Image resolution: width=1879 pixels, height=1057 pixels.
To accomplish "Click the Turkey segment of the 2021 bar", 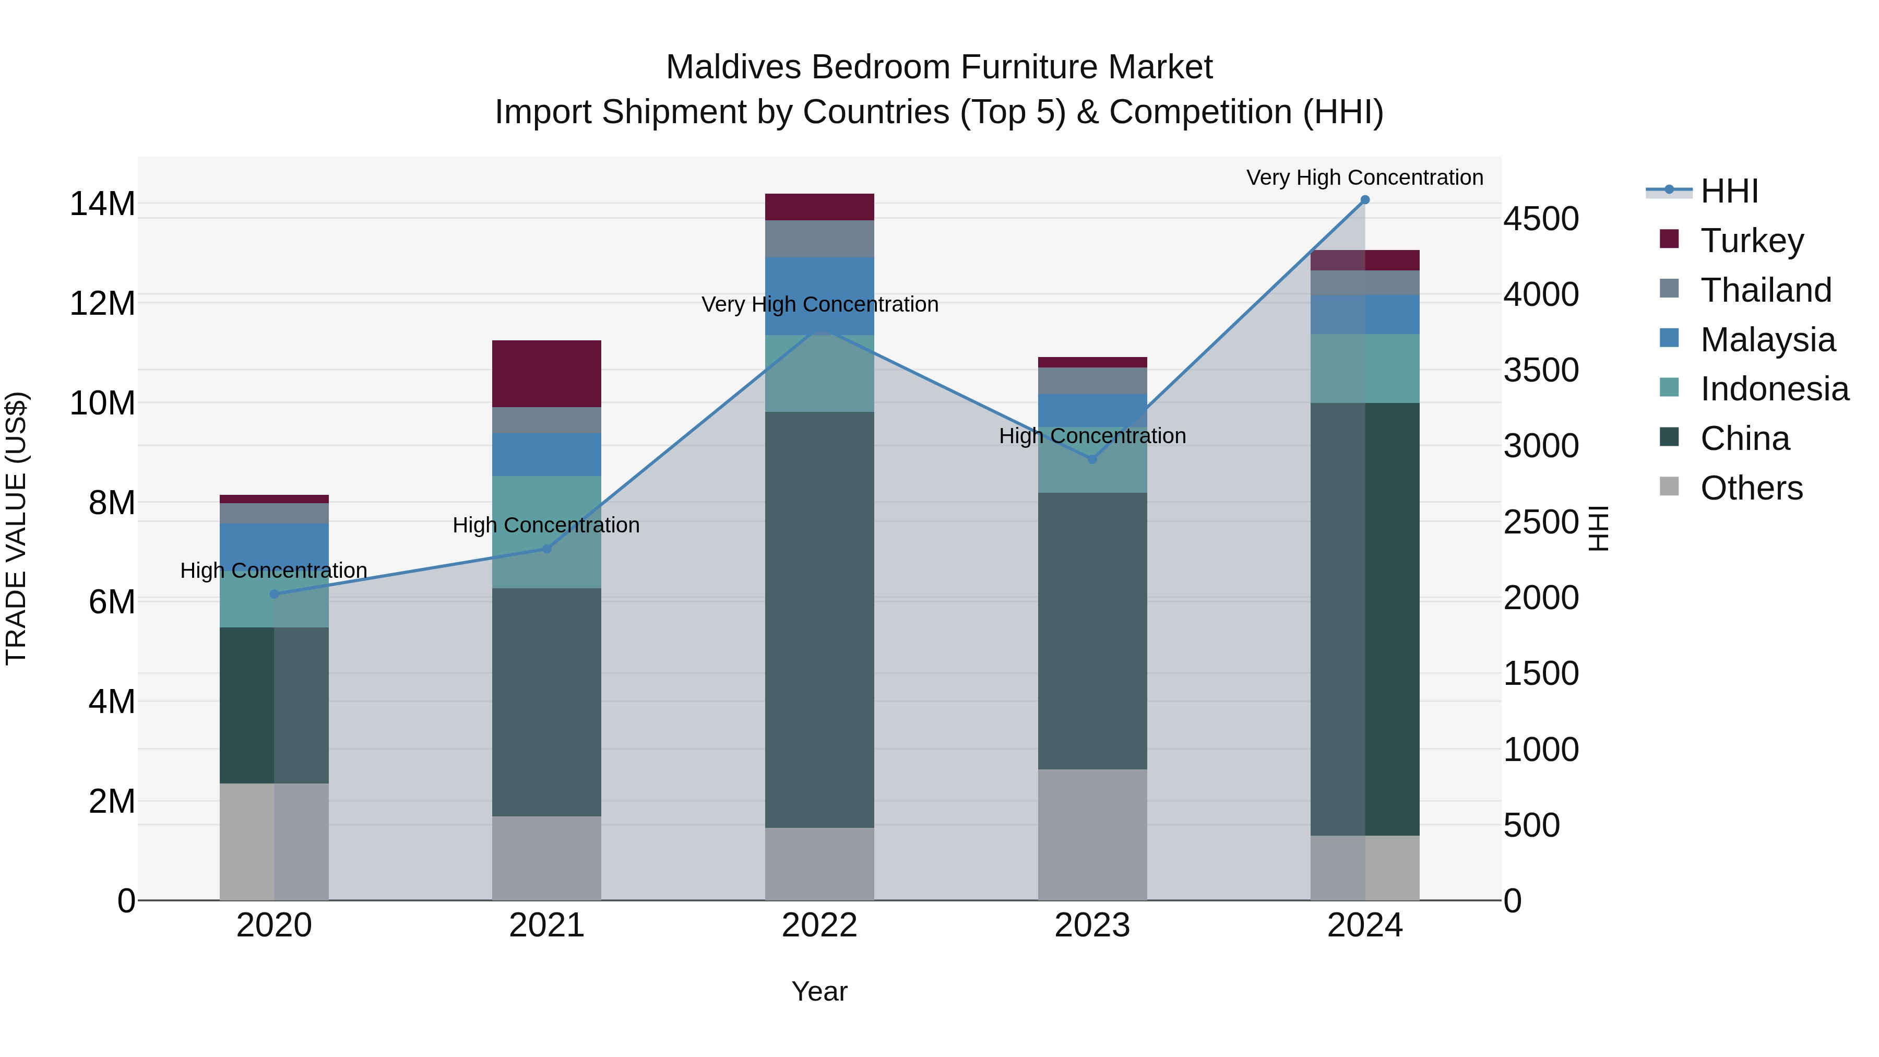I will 546,374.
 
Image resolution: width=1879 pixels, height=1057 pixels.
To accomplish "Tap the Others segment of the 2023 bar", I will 1092,835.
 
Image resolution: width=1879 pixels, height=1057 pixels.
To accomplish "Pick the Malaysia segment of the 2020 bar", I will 273,543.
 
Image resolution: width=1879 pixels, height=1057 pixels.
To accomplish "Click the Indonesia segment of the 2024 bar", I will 1365,369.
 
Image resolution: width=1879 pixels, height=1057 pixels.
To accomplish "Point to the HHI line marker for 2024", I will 1365,200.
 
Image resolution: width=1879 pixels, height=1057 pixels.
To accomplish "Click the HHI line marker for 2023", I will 1092,459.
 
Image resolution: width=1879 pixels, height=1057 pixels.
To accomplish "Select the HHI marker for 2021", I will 546,549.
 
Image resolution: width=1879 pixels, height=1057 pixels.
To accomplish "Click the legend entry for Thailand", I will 1765,290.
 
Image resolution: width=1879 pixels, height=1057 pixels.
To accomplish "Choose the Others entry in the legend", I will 1751,488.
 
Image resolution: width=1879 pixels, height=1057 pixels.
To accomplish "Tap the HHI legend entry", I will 1729,191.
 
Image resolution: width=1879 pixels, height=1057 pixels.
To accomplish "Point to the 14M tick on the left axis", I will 102,204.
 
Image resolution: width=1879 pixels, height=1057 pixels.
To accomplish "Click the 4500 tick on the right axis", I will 1541,219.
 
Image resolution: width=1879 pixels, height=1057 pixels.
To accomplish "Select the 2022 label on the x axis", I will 819,925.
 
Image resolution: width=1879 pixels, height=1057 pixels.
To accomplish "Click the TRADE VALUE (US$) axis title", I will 16,528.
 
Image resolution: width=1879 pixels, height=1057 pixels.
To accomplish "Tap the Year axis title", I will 819,991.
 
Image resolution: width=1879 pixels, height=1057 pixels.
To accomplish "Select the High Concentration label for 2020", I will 273,571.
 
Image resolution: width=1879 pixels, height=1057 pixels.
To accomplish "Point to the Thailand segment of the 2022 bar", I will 819,239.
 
